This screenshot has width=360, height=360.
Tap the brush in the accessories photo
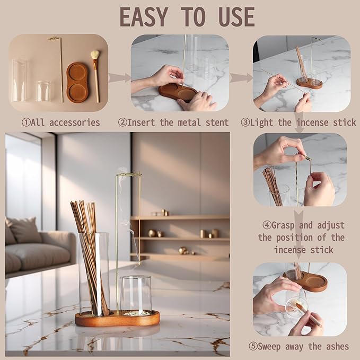[95, 74]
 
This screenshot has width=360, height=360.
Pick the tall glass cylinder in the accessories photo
[20, 80]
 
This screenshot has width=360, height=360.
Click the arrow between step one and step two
[119, 78]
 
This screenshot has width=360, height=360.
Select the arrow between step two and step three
[241, 78]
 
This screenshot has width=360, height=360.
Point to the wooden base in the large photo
[117, 319]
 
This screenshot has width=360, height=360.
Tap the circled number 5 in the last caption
[254, 346]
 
